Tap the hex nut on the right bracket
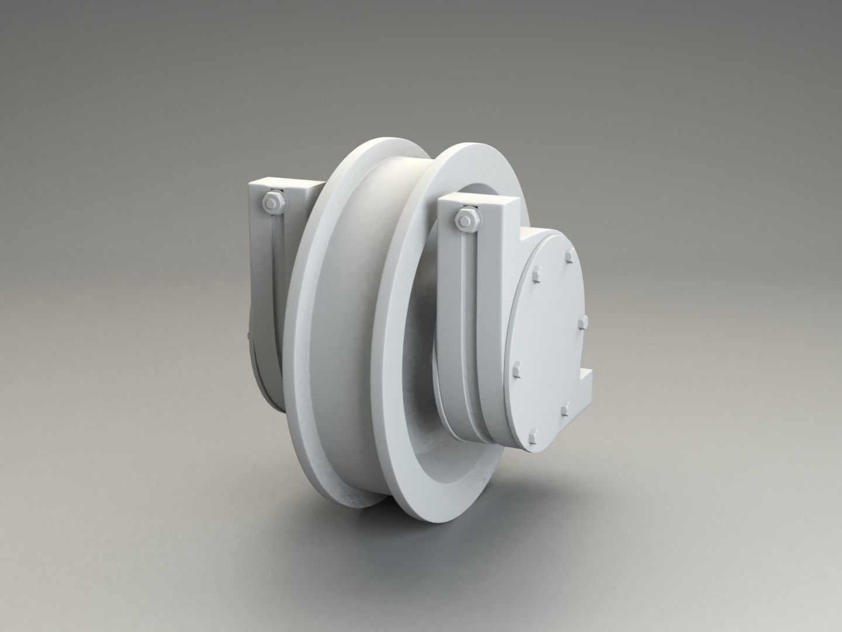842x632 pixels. [467, 219]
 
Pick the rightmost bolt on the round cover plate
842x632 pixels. [582, 322]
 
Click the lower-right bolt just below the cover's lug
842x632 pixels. [564, 410]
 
